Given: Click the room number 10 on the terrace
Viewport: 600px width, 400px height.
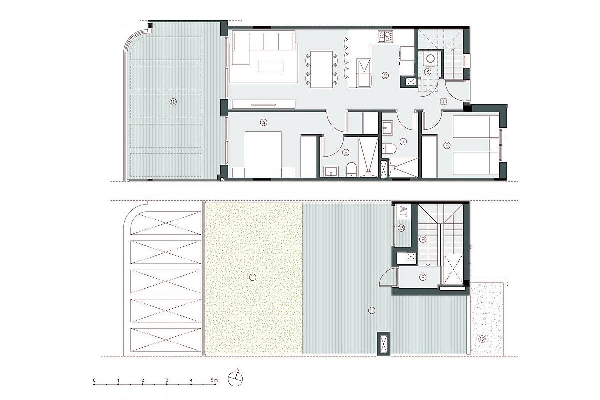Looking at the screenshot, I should click(x=173, y=102).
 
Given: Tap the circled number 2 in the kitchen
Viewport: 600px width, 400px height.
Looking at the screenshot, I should click(x=385, y=76).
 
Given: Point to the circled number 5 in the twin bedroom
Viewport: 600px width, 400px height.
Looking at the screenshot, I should click(x=447, y=145).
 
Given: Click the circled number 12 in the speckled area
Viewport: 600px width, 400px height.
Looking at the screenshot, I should click(x=481, y=339).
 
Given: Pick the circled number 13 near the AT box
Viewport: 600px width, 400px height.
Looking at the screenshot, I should click(x=402, y=228).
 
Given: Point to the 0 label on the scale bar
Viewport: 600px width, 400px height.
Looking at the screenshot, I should click(x=94, y=381).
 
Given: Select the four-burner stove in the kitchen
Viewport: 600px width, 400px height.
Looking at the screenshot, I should click(x=386, y=36).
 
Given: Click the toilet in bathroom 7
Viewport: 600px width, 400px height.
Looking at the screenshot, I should click(x=390, y=148).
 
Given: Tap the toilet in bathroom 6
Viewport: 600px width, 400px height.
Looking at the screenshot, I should click(x=351, y=170).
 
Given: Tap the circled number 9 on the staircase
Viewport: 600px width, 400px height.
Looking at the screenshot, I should click(x=423, y=239).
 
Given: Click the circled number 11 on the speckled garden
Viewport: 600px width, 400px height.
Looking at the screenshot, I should click(x=253, y=277).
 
